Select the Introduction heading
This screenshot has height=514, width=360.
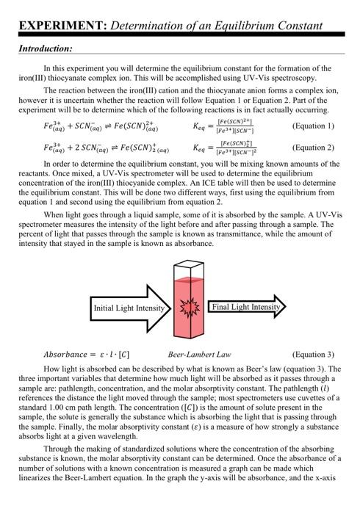coord(45,48)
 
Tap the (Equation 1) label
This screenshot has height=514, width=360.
coord(313,126)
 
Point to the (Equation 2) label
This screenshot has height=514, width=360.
coord(313,147)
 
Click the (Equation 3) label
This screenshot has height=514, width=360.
coord(313,354)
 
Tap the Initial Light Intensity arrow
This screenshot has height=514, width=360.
coord(129,308)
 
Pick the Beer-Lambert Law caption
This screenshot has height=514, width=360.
coord(200,354)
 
